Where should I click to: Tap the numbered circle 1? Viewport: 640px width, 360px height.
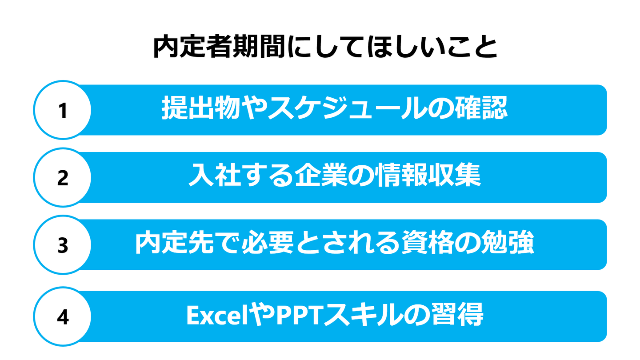tap(63, 110)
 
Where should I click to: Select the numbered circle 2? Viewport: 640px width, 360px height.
tap(63, 177)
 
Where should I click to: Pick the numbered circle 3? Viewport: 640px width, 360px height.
tap(63, 245)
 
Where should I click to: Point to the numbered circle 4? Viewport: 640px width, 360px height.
tap(63, 317)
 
